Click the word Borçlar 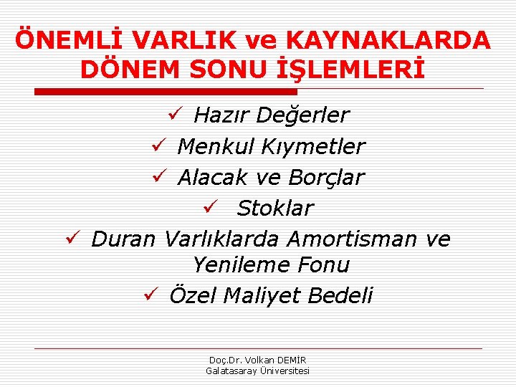[325, 176]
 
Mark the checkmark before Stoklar [209, 207]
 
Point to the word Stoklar [275, 208]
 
